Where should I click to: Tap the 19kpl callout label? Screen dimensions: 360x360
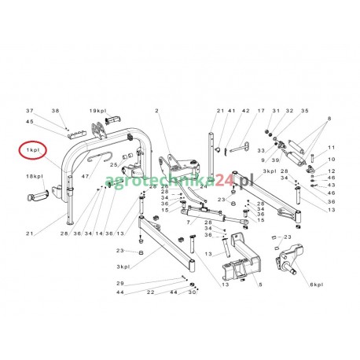click(97, 111)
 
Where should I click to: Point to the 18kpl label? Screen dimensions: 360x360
click(34, 178)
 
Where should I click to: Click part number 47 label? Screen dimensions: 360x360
click(84, 177)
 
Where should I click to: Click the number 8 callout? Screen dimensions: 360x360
click(329, 117)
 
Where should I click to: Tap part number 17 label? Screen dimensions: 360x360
click(261, 111)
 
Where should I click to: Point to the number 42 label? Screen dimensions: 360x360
click(245, 111)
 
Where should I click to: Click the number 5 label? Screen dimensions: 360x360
click(259, 285)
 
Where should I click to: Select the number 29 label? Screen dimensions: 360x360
click(120, 282)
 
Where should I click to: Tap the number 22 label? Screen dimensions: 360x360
click(149, 292)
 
